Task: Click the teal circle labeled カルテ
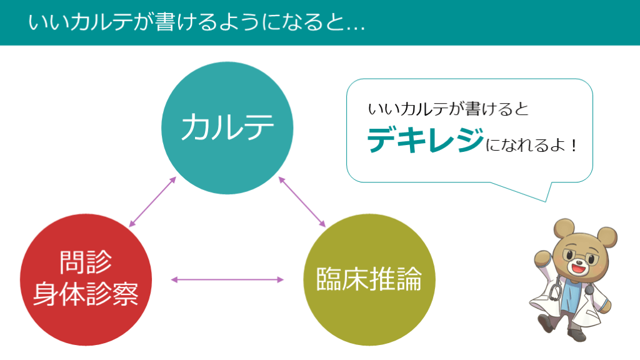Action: [227, 127]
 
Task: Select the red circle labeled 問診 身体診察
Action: [86, 279]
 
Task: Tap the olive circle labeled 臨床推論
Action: [368, 279]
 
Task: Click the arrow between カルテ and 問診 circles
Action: [152, 202]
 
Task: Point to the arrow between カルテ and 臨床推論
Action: [302, 202]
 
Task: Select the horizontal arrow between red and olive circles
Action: [227, 279]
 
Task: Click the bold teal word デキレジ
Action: [424, 141]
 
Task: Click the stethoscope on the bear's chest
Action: [556, 294]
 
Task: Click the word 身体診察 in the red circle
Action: [86, 294]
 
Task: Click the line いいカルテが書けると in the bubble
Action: [448, 110]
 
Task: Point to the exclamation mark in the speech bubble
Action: [572, 147]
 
